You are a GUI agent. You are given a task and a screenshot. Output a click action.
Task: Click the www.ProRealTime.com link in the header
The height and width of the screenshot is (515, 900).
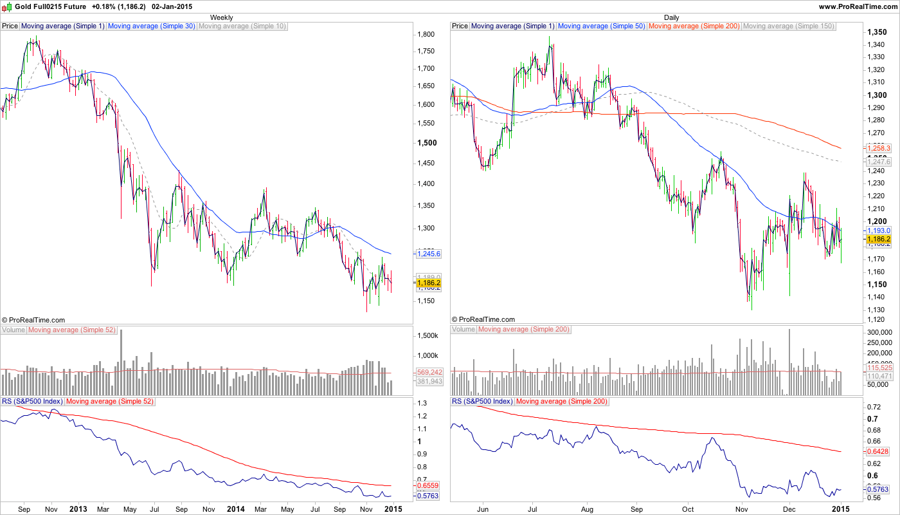point(857,6)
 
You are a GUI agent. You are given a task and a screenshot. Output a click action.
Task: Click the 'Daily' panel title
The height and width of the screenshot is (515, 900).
point(671,17)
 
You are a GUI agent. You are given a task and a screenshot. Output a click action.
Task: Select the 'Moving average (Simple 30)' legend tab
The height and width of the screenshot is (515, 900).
point(151,26)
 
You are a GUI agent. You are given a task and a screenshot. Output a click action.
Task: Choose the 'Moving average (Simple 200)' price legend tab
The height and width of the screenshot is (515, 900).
point(694,26)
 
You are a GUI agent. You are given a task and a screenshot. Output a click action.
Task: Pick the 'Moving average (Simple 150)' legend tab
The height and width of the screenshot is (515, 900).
point(788,26)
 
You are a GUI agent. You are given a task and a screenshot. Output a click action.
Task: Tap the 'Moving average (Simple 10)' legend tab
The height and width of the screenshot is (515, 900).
point(242,26)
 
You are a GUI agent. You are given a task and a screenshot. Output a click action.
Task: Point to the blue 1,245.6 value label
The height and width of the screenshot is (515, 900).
point(428,254)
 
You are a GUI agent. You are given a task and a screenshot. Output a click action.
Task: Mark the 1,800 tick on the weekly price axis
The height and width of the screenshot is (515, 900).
point(426,34)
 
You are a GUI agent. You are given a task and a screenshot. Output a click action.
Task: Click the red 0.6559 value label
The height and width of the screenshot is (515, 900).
point(428,485)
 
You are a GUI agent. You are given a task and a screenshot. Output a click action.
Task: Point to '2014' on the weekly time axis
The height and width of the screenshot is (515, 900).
point(237,509)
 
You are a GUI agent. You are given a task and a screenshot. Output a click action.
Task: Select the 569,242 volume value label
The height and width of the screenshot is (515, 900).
point(429,372)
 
